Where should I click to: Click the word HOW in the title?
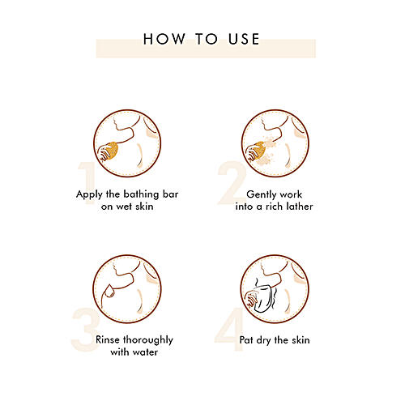(164, 39)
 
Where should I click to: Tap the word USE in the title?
(244, 39)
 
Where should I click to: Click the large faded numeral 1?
(87, 183)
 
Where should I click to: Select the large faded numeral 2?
(232, 183)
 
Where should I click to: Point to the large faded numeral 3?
(85, 330)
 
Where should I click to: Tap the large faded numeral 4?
(229, 329)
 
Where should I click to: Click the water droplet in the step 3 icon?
(109, 291)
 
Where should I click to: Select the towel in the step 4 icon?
(262, 298)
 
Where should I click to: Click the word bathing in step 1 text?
(141, 194)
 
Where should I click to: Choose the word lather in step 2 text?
(300, 207)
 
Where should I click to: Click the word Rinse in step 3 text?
(108, 340)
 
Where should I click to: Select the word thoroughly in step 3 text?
(148, 340)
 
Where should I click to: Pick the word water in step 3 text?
(145, 352)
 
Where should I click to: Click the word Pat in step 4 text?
(246, 340)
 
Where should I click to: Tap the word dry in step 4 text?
(263, 341)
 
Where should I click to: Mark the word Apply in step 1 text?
(89, 194)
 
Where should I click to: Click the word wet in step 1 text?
(124, 207)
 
